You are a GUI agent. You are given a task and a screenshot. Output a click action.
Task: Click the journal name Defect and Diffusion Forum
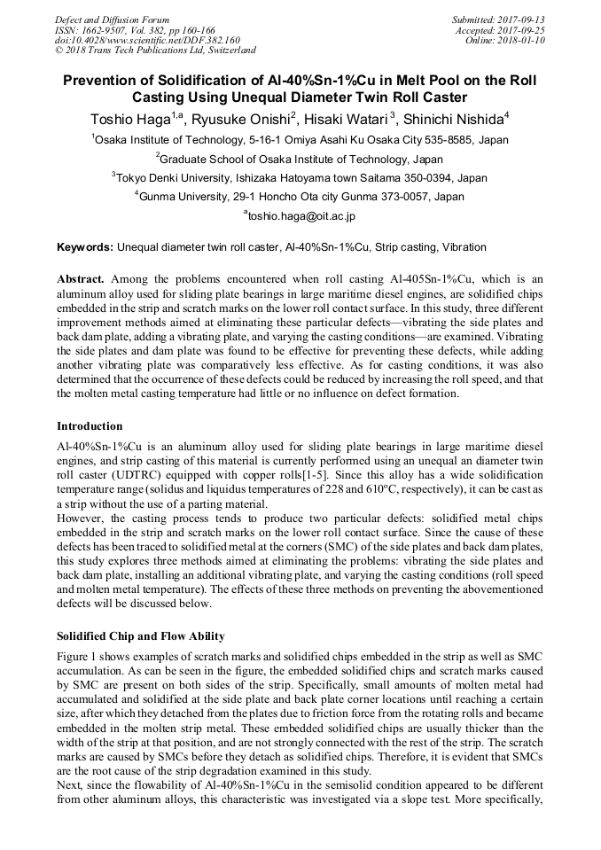click(112, 19)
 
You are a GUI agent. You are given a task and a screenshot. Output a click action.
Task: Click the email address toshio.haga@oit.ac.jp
click(300, 215)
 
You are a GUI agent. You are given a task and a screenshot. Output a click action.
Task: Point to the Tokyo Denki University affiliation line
click(300, 177)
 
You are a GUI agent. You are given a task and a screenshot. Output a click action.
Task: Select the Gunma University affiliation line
click(300, 196)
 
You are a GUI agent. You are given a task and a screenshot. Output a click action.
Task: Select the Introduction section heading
click(90, 426)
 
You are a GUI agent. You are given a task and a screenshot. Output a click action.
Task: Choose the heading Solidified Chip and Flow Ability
click(140, 636)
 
